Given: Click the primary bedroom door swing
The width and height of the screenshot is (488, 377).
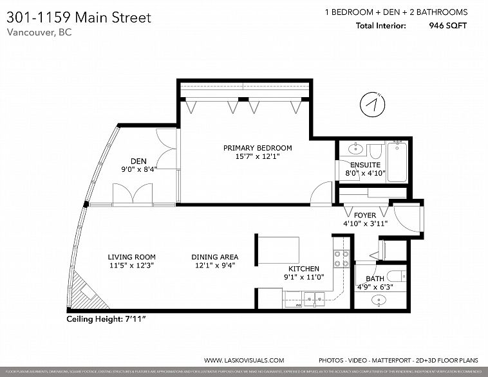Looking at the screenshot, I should pyautogui.click(x=319, y=191).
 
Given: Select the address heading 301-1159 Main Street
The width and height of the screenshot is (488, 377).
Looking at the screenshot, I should pyautogui.click(x=79, y=17).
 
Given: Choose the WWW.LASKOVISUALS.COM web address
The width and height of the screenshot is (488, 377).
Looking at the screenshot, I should pyautogui.click(x=243, y=361).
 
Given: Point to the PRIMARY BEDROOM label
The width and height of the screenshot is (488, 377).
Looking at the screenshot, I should pyautogui.click(x=253, y=147).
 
